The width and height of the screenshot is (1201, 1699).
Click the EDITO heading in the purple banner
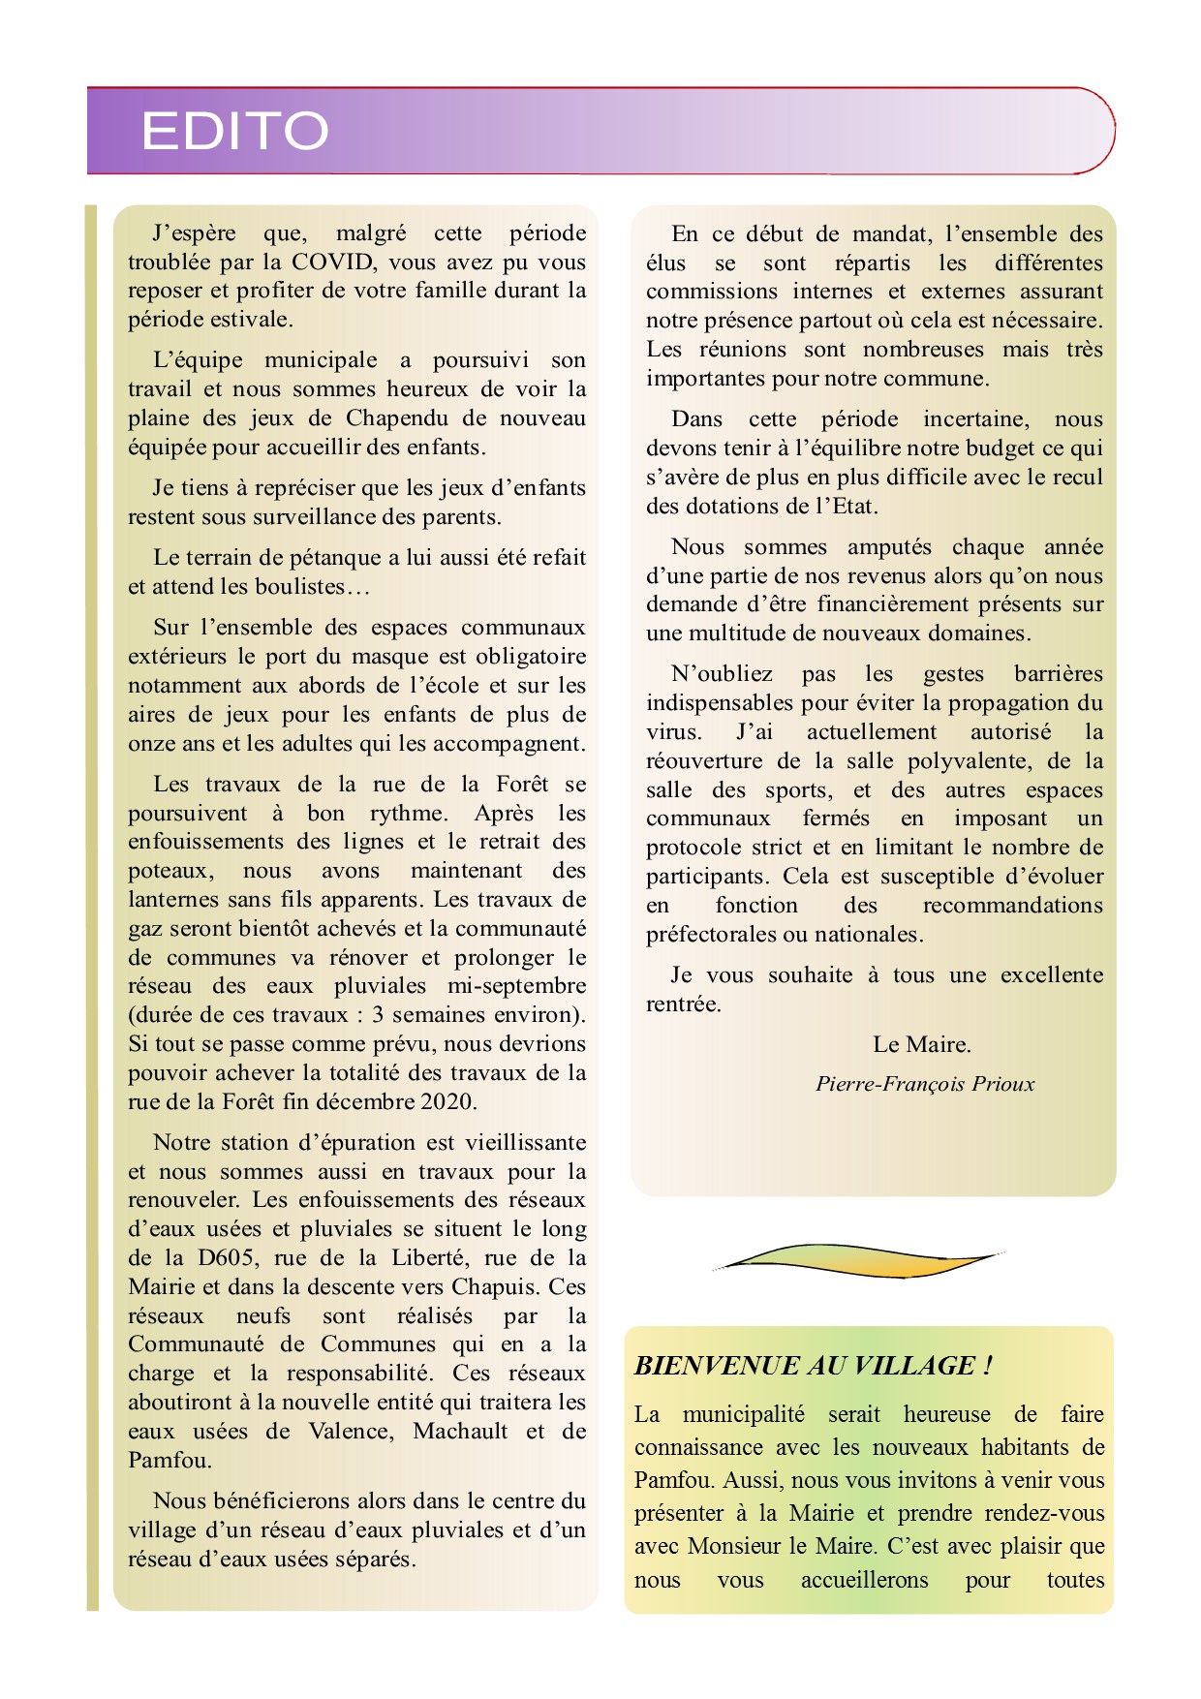pyautogui.click(x=234, y=131)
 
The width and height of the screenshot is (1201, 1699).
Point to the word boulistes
pyautogui.click(x=299, y=587)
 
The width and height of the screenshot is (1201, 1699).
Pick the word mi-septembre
pyautogui.click(x=516, y=986)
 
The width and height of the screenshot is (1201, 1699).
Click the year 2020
pyautogui.click(x=447, y=1102)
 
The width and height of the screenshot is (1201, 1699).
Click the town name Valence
pyautogui.click(x=351, y=1432)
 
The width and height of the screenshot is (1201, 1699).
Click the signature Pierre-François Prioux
pyautogui.click(x=925, y=1084)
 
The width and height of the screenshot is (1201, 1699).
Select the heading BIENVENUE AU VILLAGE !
pyautogui.click(x=813, y=1366)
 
